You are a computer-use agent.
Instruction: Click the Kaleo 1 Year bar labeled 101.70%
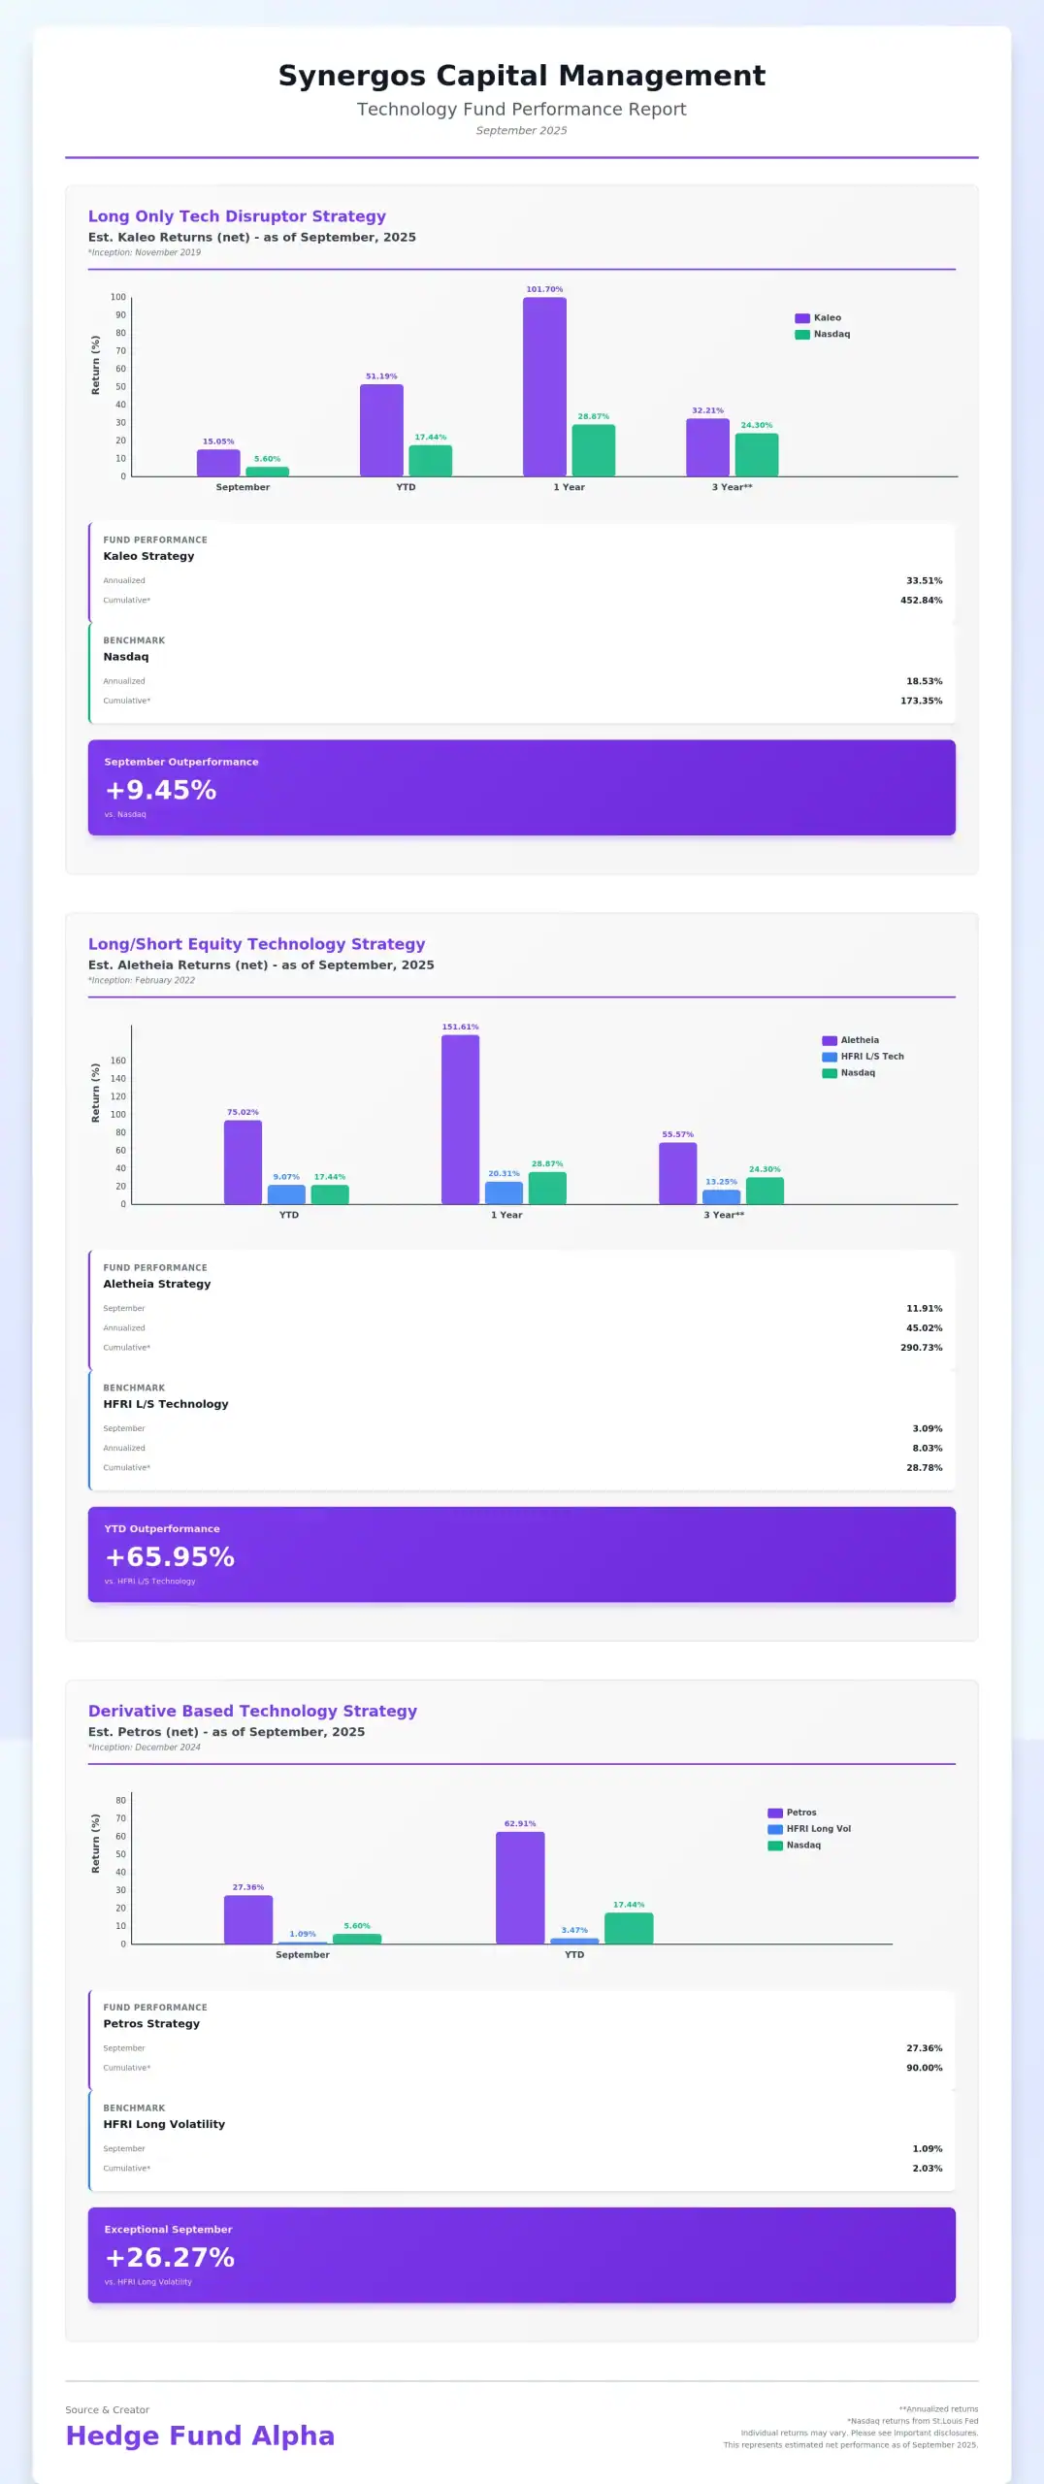[x=544, y=386]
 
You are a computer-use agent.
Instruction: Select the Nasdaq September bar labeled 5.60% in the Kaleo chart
[x=267, y=472]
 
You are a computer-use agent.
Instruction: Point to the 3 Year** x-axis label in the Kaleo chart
[x=732, y=487]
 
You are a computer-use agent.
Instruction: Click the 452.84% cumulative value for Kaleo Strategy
[x=921, y=601]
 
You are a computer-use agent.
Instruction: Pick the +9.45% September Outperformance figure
[x=161, y=791]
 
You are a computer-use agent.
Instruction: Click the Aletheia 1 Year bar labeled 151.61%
[x=460, y=1119]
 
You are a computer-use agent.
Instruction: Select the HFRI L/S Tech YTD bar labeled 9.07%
[x=286, y=1194]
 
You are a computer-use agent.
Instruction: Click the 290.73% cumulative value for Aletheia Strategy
[x=921, y=1348]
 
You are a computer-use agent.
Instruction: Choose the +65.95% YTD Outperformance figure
[x=170, y=1557]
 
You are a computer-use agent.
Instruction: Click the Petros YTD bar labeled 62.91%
[x=520, y=1887]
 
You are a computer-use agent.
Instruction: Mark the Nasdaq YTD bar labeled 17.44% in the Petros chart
[x=629, y=1928]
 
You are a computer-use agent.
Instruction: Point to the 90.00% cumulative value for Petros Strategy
[x=924, y=2068]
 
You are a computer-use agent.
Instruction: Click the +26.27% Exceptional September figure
[x=170, y=2258]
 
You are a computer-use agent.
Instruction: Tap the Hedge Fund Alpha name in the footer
[x=200, y=2435]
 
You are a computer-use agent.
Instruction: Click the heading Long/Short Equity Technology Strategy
[x=257, y=944]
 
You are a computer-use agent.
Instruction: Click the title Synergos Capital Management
[x=522, y=76]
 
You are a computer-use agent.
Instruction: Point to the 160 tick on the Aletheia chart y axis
[x=118, y=1061]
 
